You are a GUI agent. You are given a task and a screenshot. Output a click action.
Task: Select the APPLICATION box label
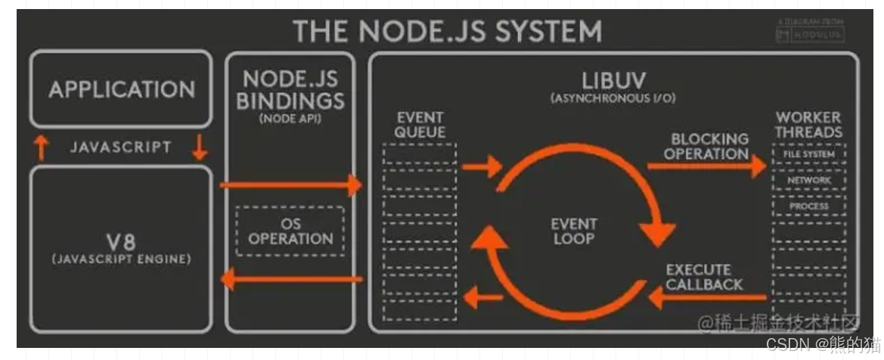click(122, 89)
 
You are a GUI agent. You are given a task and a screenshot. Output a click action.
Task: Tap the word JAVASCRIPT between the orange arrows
click(121, 147)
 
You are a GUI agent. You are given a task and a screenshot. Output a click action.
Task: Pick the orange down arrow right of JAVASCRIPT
click(200, 148)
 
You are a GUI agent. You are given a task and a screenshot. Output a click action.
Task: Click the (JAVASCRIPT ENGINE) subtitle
click(122, 259)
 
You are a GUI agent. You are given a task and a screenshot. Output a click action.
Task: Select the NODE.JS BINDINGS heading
click(290, 90)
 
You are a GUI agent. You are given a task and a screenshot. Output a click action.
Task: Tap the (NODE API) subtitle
click(290, 119)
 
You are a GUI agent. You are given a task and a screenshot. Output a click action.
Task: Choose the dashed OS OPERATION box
click(290, 231)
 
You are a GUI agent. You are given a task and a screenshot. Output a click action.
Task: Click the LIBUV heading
click(612, 82)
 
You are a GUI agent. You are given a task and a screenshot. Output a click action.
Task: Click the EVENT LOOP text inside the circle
click(572, 231)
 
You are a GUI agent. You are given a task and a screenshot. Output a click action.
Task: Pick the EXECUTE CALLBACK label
click(704, 277)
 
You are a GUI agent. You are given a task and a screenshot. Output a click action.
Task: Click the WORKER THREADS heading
click(808, 125)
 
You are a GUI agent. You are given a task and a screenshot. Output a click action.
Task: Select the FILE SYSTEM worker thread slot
click(808, 154)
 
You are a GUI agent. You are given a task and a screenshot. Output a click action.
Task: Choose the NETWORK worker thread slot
click(808, 181)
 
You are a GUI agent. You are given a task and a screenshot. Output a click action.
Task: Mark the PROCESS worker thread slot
click(808, 206)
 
